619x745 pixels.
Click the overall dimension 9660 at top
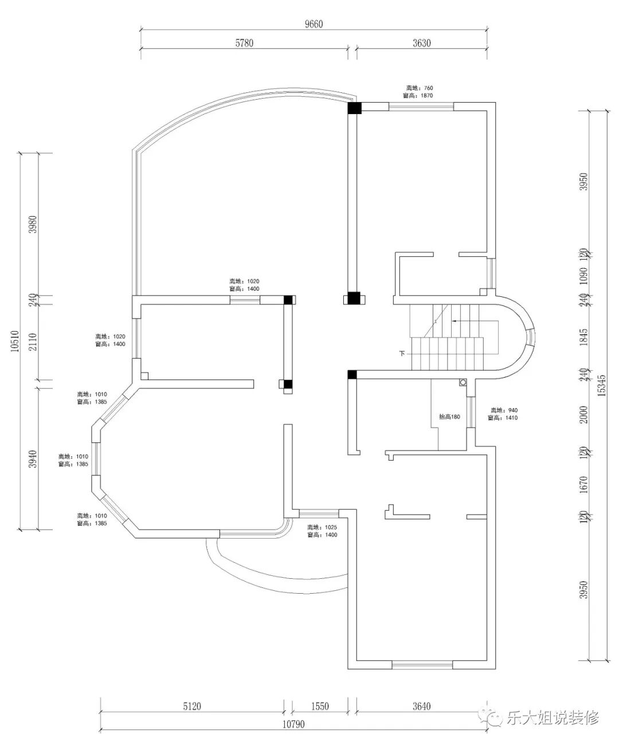coord(314,23)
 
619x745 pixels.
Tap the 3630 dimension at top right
coord(421,43)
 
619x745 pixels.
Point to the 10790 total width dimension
coord(293,724)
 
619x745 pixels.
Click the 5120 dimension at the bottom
coord(192,706)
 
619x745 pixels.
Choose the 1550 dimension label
coord(320,706)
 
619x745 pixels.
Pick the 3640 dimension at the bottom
coord(421,706)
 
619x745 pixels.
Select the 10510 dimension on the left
coord(15,342)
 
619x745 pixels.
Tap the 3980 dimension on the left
coord(33,225)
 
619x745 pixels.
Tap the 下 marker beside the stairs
coord(402,354)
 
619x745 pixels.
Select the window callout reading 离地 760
coord(420,92)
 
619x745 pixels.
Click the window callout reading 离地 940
coord(504,414)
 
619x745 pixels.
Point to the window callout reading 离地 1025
coord(322,531)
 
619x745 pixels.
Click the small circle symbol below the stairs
coord(462,382)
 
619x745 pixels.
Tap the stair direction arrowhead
coord(454,322)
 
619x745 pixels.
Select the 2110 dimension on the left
coord(33,343)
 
